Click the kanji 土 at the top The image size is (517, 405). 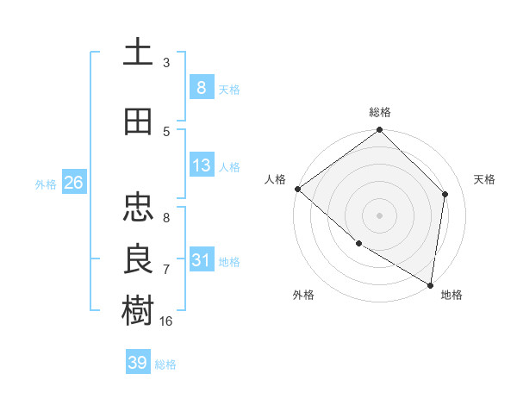click(138, 52)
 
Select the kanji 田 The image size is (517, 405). click(138, 121)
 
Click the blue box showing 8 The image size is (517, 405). click(201, 87)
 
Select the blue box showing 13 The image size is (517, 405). click(201, 165)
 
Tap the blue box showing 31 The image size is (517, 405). click(201, 260)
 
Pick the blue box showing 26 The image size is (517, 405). click(73, 183)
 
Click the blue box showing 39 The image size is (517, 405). click(138, 363)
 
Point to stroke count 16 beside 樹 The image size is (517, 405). click(166, 321)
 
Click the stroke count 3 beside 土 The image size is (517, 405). click(166, 63)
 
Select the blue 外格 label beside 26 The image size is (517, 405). click(46, 184)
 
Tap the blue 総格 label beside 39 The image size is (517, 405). click(165, 364)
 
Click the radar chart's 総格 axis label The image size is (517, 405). click(379, 112)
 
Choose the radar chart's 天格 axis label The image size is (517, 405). click(484, 179)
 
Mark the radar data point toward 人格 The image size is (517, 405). click(297, 189)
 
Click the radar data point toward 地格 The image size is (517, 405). click(430, 284)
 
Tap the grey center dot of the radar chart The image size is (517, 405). click(379, 215)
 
